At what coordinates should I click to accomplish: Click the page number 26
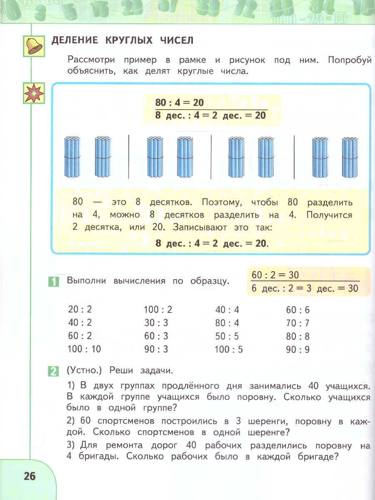[30, 476]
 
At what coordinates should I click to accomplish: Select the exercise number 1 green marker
[53, 281]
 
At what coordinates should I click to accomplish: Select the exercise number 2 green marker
[53, 370]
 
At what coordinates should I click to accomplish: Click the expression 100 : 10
[84, 349]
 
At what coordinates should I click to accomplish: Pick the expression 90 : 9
[298, 350]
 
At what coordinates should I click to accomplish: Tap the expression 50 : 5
[227, 336]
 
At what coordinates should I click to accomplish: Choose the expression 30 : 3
[156, 323]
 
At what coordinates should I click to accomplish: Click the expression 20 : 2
[80, 310]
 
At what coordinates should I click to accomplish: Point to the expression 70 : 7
[298, 323]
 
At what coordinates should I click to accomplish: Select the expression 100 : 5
[229, 350]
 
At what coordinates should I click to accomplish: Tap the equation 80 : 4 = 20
[180, 102]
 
